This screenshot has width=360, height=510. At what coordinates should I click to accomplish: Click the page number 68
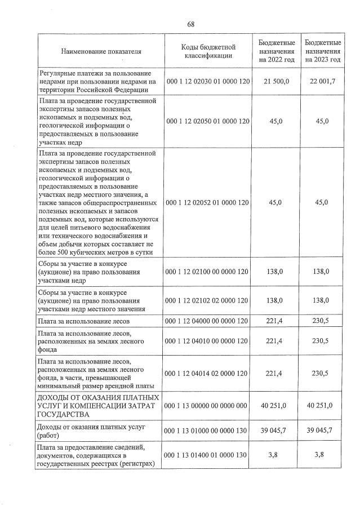190,24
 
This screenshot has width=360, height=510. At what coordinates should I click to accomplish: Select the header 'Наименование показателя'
101,51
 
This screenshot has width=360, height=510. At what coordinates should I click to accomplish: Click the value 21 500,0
277,82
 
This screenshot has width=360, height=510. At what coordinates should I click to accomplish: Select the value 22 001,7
323,82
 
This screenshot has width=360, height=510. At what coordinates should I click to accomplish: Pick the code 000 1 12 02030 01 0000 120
208,82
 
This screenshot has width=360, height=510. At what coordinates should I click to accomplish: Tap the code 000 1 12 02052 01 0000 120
208,202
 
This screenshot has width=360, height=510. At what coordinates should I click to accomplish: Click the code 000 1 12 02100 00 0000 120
208,272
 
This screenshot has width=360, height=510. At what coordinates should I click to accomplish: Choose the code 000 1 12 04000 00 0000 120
208,321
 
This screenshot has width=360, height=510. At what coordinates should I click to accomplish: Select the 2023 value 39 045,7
323,431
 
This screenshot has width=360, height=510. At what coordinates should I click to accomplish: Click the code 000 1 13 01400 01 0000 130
208,455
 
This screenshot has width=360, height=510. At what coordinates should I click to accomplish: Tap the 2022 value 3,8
277,455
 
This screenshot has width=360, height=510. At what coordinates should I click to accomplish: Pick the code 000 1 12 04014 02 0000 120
208,373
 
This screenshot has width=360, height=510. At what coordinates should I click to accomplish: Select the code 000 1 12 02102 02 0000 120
208,301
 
